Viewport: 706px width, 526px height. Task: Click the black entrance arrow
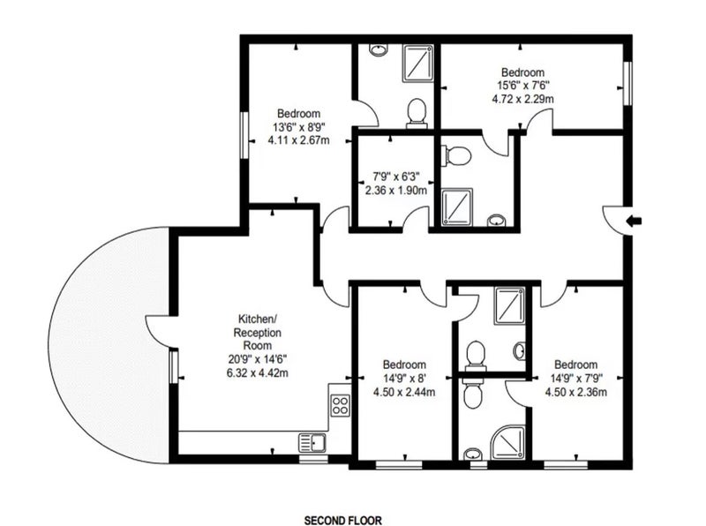coord(635,221)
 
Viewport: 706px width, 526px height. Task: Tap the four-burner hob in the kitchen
coord(341,405)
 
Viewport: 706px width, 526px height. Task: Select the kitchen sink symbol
coord(312,442)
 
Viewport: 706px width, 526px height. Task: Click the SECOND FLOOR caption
coord(343,521)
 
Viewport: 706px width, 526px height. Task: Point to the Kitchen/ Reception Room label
coord(258,333)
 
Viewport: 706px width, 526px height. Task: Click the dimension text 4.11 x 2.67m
coord(298,140)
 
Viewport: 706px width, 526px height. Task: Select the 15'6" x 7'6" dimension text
coord(522,85)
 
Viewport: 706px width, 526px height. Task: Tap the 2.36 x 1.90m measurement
coord(395,190)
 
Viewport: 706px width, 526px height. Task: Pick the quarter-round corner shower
coord(508,442)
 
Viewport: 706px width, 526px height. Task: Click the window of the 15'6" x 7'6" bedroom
coord(627,83)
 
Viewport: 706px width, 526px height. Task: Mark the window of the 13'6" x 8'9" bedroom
coord(244,135)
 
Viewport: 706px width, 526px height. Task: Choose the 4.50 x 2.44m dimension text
coord(404,392)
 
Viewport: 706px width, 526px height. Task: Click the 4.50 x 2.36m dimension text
coord(576,392)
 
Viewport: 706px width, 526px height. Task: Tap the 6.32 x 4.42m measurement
coord(258,373)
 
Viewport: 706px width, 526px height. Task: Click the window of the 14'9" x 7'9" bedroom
coord(566,465)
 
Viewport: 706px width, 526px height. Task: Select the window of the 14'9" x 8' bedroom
coord(399,465)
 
